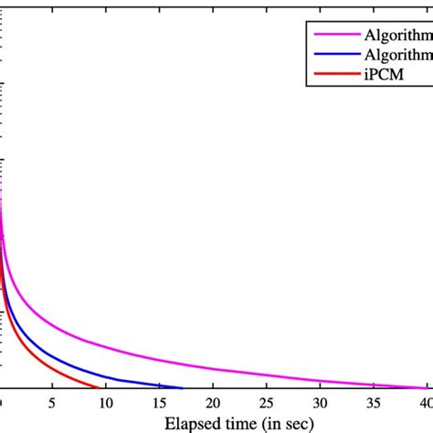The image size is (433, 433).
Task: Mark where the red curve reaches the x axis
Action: (x=99, y=387)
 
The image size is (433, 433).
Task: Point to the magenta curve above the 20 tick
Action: (x=212, y=368)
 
